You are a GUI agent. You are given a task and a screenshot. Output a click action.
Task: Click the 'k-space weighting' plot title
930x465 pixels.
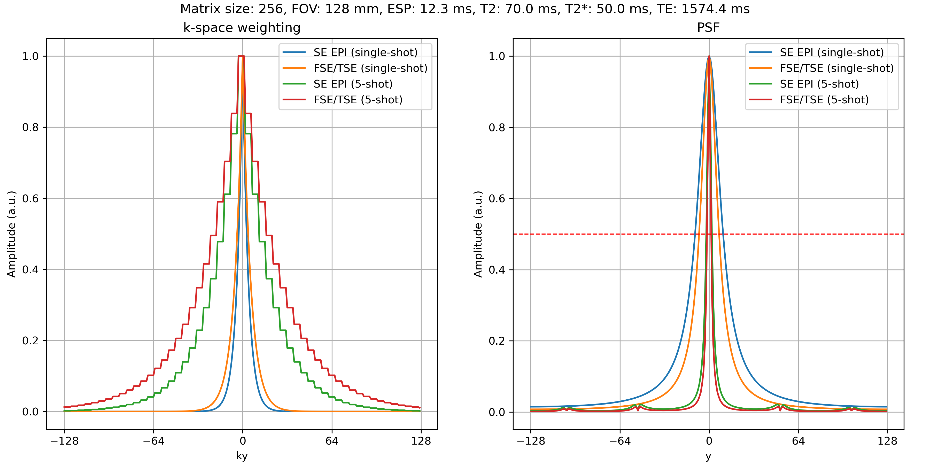[242, 28]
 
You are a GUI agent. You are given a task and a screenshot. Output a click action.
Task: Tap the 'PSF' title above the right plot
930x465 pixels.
[708, 28]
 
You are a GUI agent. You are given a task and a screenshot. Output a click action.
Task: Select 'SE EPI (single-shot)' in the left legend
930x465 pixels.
[365, 53]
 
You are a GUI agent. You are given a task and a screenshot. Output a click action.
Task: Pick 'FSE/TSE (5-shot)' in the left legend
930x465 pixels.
[358, 100]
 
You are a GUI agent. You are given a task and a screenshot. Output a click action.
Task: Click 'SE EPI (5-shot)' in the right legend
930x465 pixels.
[819, 84]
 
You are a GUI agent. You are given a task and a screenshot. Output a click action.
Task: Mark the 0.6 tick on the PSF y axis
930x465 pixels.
[497, 199]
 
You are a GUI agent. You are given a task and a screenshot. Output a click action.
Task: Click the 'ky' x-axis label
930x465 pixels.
[242, 456]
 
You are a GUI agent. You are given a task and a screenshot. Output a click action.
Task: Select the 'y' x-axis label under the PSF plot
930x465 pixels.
[708, 456]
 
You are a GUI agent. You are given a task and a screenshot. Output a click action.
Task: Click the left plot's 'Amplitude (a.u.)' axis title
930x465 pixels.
[12, 234]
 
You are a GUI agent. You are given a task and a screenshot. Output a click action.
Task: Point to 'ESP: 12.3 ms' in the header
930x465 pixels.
[430, 9]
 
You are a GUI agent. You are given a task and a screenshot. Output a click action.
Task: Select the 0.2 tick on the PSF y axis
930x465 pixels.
[497, 341]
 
